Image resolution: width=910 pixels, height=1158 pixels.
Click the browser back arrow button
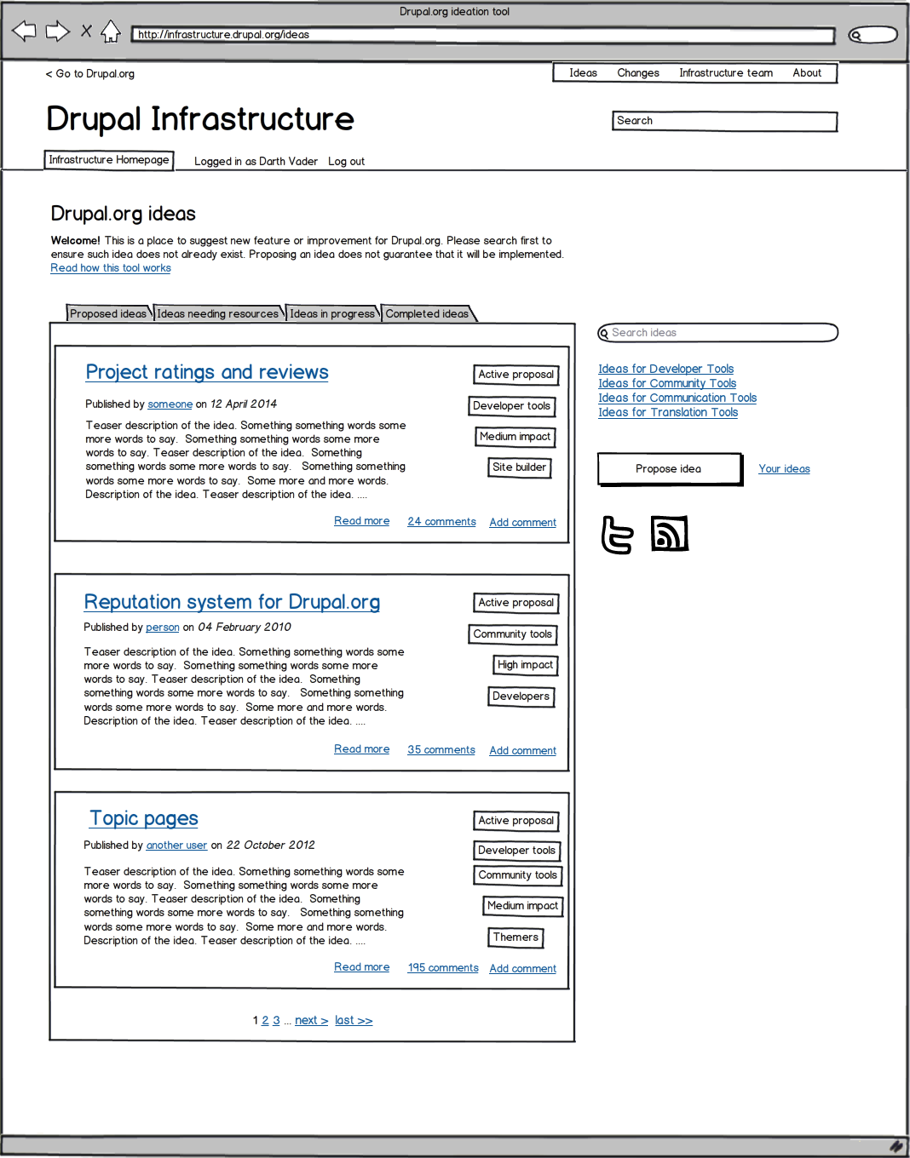click(24, 32)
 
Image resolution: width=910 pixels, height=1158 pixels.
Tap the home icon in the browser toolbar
click(111, 32)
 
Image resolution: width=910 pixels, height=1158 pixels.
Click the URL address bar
click(482, 35)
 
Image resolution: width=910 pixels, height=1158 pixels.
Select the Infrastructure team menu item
click(726, 73)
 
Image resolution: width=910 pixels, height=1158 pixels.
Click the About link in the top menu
click(807, 73)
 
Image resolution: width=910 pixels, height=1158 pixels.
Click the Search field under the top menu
click(724, 121)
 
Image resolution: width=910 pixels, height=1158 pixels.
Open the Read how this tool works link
click(111, 268)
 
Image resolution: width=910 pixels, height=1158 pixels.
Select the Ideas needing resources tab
click(218, 314)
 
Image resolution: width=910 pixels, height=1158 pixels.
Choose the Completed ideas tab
click(427, 314)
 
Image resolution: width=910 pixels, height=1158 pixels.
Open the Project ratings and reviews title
click(207, 372)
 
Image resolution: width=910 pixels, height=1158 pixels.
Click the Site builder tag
click(519, 467)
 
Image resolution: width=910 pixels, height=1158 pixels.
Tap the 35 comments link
click(441, 750)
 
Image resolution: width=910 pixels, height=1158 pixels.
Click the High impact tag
click(526, 665)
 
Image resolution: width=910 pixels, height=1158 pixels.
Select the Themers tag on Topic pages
click(515, 937)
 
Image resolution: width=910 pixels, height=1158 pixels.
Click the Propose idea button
click(669, 469)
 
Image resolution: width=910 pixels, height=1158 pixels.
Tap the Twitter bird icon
click(618, 535)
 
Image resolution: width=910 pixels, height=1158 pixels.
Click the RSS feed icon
click(669, 534)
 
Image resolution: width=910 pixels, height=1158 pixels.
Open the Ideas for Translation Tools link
click(668, 413)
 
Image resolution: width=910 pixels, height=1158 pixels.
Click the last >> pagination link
click(354, 1021)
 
